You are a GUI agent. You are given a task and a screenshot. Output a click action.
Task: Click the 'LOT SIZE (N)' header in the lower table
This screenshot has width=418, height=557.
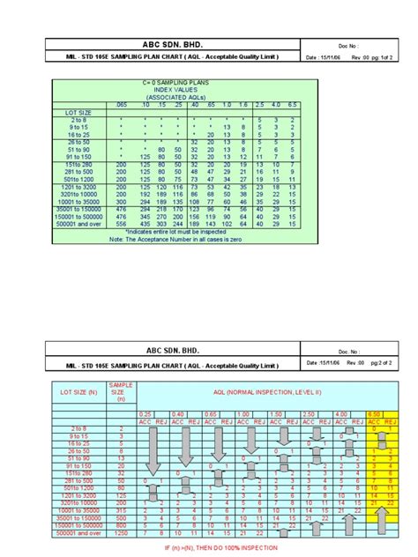click(x=68, y=389)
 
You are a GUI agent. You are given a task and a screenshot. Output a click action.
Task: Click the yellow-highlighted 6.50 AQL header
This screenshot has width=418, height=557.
click(x=382, y=413)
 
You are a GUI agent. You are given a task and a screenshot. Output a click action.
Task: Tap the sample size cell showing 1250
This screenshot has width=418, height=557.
click(x=120, y=533)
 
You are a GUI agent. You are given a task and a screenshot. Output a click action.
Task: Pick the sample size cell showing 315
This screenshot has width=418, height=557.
click(x=120, y=509)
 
